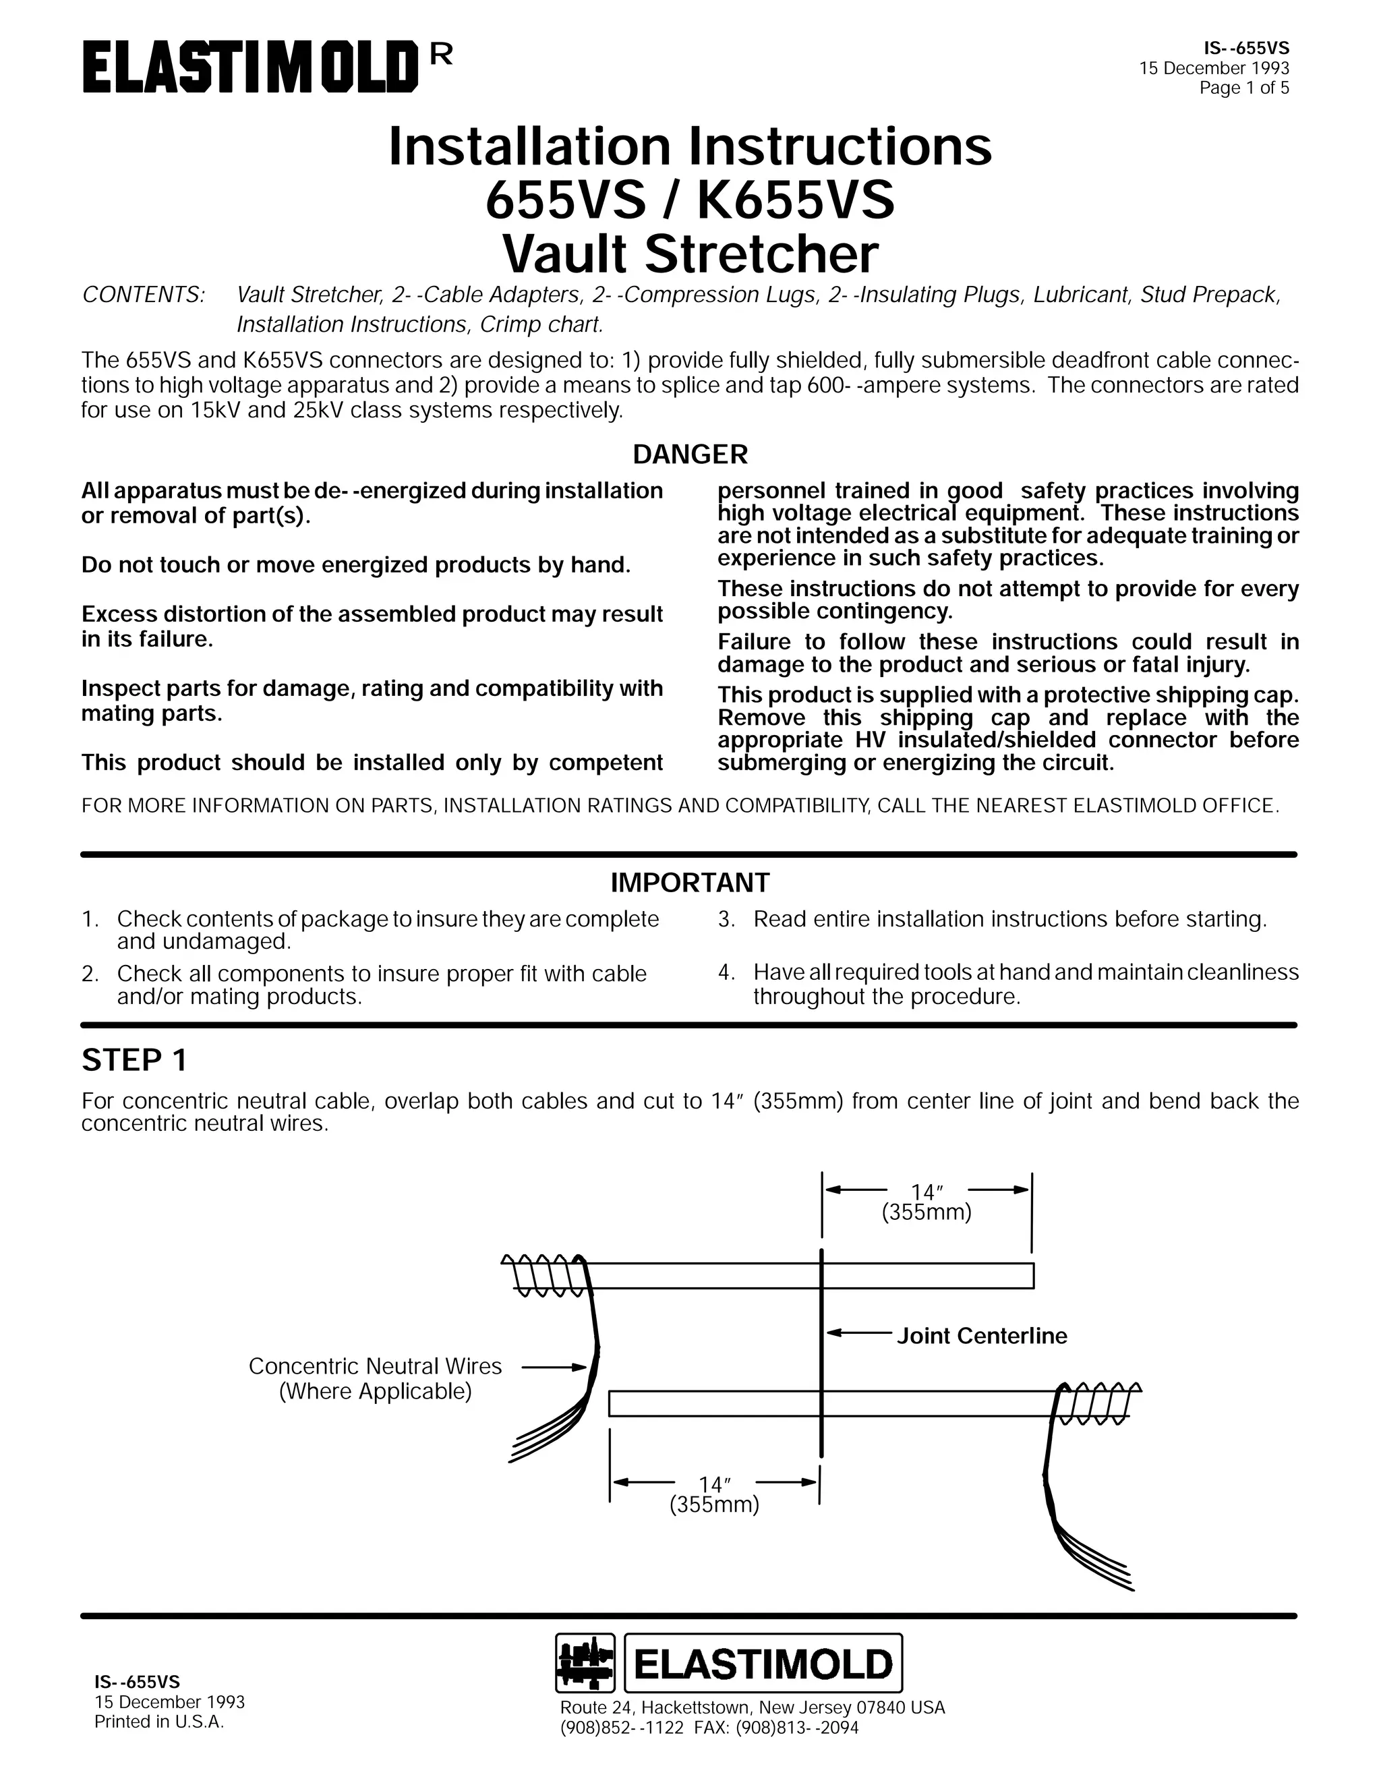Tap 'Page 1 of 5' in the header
point(1243,88)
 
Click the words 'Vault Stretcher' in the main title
point(690,254)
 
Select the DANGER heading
point(690,454)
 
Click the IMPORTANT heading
point(690,883)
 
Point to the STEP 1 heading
point(134,1061)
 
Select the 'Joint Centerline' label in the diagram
point(982,1336)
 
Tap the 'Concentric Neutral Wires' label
point(375,1366)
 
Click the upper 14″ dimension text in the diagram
point(928,1192)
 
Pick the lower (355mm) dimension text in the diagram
point(714,1504)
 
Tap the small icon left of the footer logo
point(585,1663)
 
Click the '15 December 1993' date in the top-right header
point(1214,69)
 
